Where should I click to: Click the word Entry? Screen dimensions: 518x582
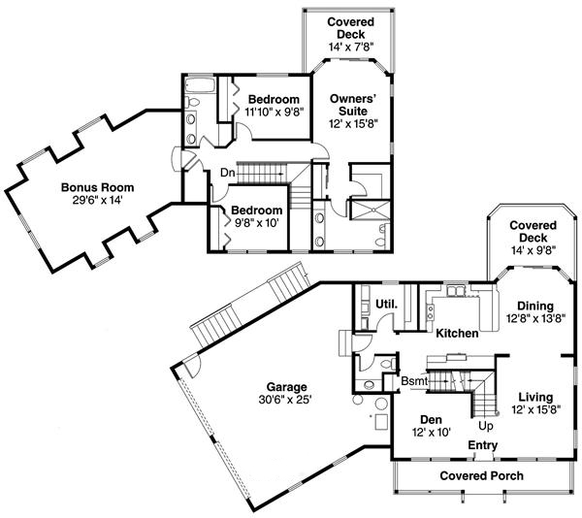click(x=482, y=445)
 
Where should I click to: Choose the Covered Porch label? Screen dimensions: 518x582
click(x=481, y=475)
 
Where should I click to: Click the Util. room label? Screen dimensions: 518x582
click(x=385, y=305)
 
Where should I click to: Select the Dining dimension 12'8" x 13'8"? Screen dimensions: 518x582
click(x=535, y=317)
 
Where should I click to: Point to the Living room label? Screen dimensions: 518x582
click(x=535, y=397)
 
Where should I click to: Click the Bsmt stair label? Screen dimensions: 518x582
click(x=414, y=382)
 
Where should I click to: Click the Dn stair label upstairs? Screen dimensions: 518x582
click(x=226, y=173)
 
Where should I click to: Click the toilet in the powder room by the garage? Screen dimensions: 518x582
click(x=388, y=364)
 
